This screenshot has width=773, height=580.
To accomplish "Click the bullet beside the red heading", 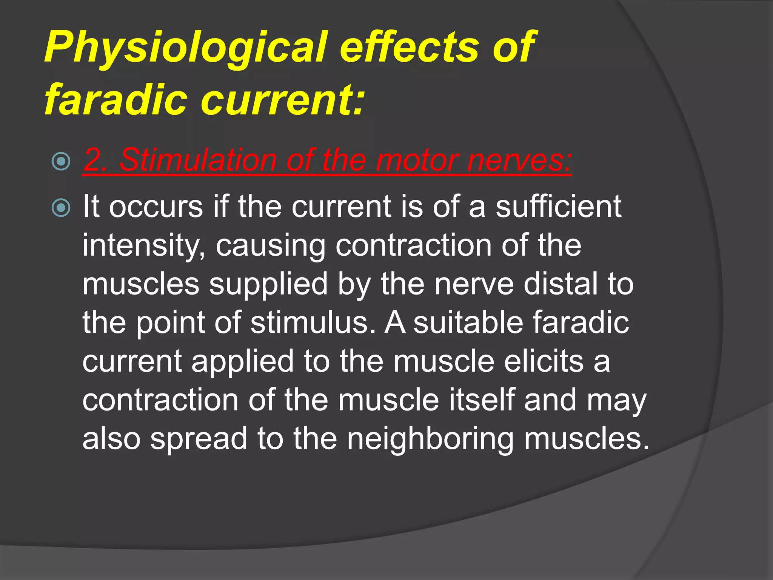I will coord(61,162).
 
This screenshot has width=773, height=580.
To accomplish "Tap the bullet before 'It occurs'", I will coord(61,208).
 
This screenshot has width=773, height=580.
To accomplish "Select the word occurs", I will coord(156,207).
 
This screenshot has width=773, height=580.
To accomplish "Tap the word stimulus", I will coord(313,323).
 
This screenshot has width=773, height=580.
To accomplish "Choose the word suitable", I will coord(468,323).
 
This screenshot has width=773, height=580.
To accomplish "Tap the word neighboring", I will coord(430,439).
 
